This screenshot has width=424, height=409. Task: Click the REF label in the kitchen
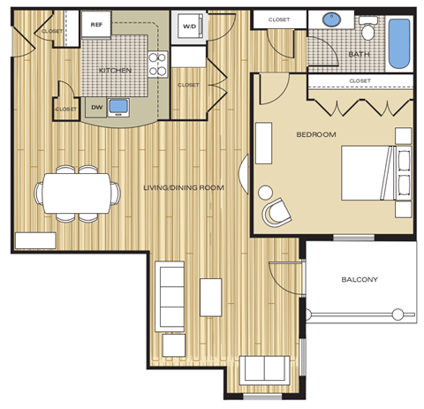pyautogui.click(x=96, y=26)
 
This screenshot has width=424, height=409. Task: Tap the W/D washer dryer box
pyautogui.click(x=189, y=27)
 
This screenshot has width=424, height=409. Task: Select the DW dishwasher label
pyautogui.click(x=96, y=108)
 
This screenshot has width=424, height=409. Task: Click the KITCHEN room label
pyautogui.click(x=115, y=69)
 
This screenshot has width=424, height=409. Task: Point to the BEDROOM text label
pyautogui.click(x=315, y=133)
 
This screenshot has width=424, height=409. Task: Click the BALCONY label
pyautogui.click(x=360, y=280)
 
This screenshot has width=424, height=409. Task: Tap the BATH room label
pyautogui.click(x=360, y=54)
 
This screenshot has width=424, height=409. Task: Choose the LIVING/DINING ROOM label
pyautogui.click(x=184, y=188)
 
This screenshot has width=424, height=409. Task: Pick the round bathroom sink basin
pyautogui.click(x=333, y=19)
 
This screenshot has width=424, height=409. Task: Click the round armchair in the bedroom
pyautogui.click(x=276, y=211)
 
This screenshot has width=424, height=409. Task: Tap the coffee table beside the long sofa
pyautogui.click(x=210, y=297)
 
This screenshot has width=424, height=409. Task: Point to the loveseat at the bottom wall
pyautogui.click(x=264, y=369)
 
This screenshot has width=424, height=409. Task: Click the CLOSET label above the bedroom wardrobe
pyautogui.click(x=360, y=81)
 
